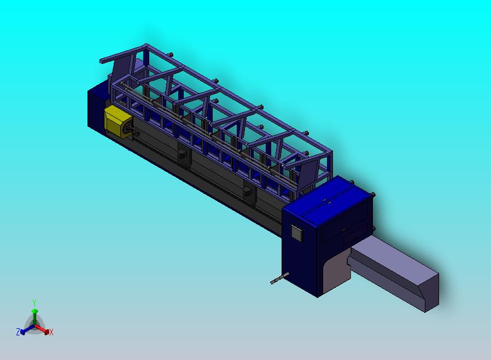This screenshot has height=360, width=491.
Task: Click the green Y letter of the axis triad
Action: coord(34,303)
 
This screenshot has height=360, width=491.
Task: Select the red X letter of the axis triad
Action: coord(51,332)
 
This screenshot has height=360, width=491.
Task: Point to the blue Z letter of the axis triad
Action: coord(18,332)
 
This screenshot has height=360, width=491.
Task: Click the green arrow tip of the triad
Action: coord(35,311)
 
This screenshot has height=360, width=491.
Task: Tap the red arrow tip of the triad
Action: coord(46,332)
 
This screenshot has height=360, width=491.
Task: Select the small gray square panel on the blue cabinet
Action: coord(296,234)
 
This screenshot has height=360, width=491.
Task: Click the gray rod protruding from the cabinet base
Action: coord(279,278)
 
